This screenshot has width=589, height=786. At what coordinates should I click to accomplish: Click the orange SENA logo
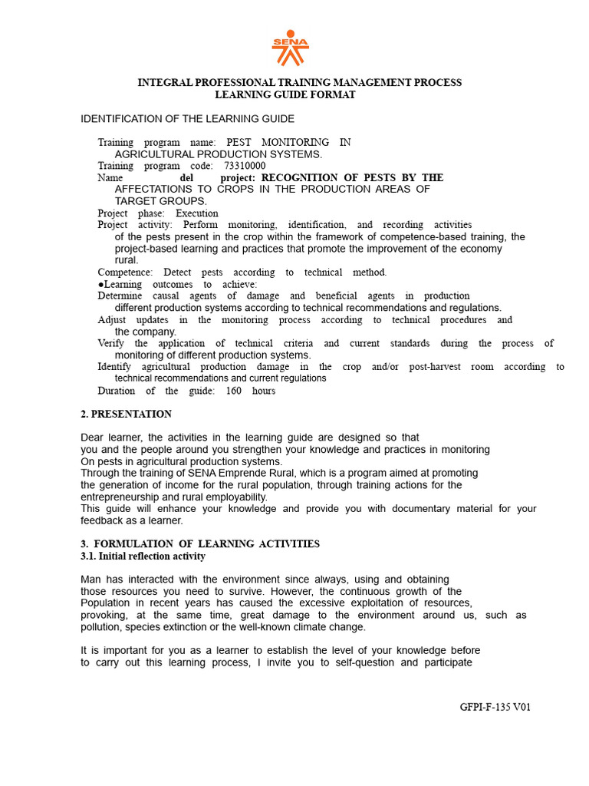coord(290,47)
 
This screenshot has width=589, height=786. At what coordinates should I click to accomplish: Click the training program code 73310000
coord(245,166)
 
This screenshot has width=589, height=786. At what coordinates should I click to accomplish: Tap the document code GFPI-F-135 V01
coord(490,707)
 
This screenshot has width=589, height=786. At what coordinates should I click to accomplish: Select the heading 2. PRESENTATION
coord(127,414)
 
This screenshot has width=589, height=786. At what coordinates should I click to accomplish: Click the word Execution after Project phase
coord(197,213)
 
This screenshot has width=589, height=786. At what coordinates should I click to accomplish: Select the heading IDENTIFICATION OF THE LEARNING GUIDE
coord(188,119)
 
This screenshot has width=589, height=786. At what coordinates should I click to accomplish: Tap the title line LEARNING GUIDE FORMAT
coord(285,94)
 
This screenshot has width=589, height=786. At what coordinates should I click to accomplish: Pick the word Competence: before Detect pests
coord(125,272)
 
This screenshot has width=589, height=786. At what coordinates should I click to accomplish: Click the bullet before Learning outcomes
coord(100,284)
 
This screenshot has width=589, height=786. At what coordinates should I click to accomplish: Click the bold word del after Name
coord(186,177)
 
